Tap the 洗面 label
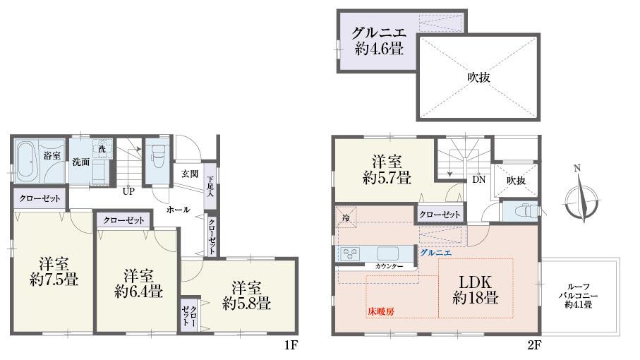80,162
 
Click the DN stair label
478,179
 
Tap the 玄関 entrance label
189,173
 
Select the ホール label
178,210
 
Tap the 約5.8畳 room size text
246,304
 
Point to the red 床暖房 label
381,311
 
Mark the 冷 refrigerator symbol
346,217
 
